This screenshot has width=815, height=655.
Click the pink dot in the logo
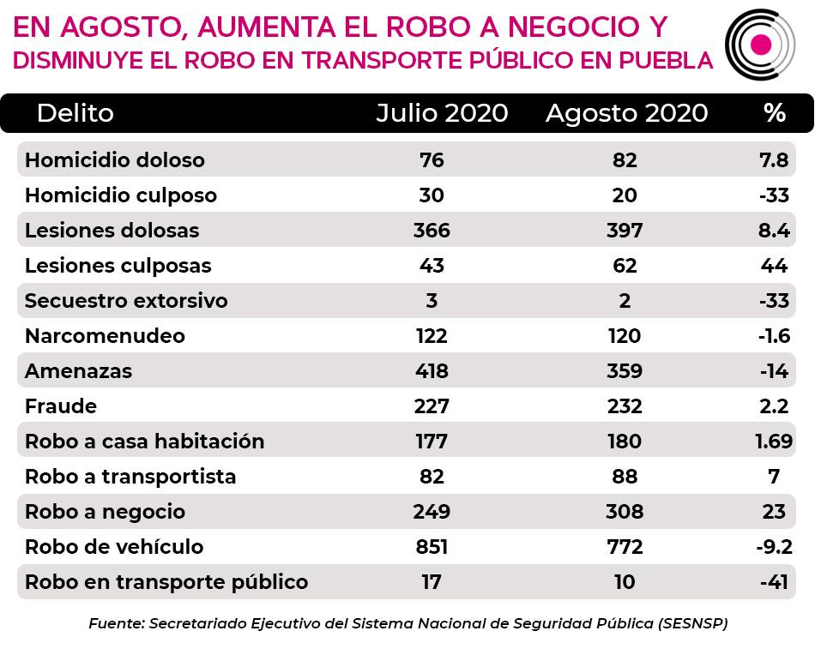(761, 44)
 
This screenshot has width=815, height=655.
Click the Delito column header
(75, 112)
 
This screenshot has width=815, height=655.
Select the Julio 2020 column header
(442, 112)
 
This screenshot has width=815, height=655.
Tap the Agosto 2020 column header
(627, 113)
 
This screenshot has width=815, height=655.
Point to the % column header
(775, 112)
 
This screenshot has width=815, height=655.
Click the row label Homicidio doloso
(115, 160)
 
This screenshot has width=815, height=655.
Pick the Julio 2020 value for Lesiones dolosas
(432, 230)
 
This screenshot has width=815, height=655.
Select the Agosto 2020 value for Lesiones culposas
(625, 266)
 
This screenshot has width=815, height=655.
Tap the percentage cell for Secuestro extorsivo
(774, 301)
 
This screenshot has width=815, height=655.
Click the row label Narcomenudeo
(105, 336)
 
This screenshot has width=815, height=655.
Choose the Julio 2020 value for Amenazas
(432, 371)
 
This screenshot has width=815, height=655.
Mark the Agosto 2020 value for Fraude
(625, 406)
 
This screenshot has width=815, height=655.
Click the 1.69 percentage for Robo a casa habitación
(774, 442)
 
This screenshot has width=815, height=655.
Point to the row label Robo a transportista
(130, 477)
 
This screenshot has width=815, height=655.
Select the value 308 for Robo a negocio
(625, 512)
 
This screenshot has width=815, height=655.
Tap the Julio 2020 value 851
(432, 547)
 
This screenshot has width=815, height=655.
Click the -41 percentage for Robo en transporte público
(774, 582)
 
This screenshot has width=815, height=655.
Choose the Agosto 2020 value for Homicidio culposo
(625, 195)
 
